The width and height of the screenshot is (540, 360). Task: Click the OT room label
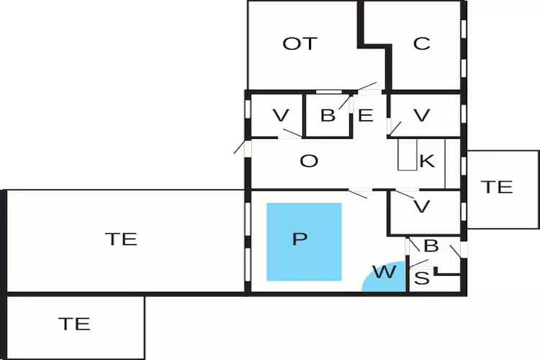tap(300, 44)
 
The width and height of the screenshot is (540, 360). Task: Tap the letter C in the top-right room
tap(422, 44)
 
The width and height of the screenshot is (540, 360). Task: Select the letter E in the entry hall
tap(366, 115)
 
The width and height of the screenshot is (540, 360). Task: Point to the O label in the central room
tap(309, 161)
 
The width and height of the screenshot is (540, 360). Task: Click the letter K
tap(427, 161)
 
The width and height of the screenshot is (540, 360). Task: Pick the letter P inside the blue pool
tap(300, 240)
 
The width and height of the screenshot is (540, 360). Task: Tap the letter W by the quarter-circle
tap(384, 272)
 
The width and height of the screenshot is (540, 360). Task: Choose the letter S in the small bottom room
tap(423, 277)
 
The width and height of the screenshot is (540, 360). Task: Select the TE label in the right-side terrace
tap(497, 187)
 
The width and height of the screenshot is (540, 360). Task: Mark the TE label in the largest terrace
tap(121, 239)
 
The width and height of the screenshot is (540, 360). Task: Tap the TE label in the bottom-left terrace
tap(74, 324)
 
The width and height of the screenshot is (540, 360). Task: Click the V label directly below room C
tap(422, 115)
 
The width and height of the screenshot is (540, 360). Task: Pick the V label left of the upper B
tap(282, 115)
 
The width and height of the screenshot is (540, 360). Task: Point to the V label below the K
tap(423, 207)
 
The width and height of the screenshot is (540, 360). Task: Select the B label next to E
tap(328, 115)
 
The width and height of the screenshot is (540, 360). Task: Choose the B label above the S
tap(431, 246)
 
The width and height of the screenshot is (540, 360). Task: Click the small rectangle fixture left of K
tap(407, 154)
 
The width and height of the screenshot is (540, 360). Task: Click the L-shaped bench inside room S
tap(448, 273)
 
